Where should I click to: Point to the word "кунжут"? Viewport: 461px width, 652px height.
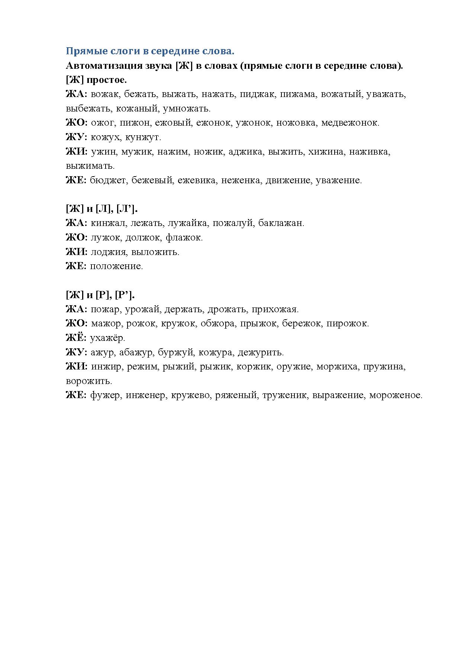coord(143,137)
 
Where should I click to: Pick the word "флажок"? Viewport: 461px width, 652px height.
coord(184,238)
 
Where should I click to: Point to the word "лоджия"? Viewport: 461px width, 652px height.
coord(108,252)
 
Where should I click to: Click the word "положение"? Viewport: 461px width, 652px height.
coord(116,266)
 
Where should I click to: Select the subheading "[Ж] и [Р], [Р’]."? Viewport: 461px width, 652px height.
coord(100,295)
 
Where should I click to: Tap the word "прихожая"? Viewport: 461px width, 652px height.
coord(275,309)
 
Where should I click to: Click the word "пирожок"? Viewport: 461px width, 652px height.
coord(348,323)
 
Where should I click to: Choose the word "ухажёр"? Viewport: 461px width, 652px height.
coord(107,338)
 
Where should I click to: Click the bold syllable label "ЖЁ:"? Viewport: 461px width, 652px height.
coord(76,338)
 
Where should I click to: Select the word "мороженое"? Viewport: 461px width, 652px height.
coord(396,395)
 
